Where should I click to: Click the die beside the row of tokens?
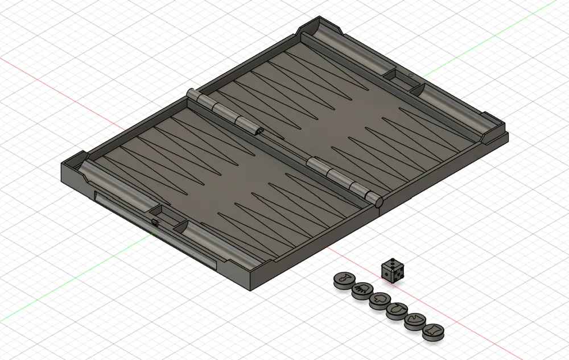(391, 271)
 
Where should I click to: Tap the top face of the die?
(391, 265)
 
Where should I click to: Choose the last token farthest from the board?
(432, 329)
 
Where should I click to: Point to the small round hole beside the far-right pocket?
(410, 75)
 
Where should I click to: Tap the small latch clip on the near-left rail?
(154, 221)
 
